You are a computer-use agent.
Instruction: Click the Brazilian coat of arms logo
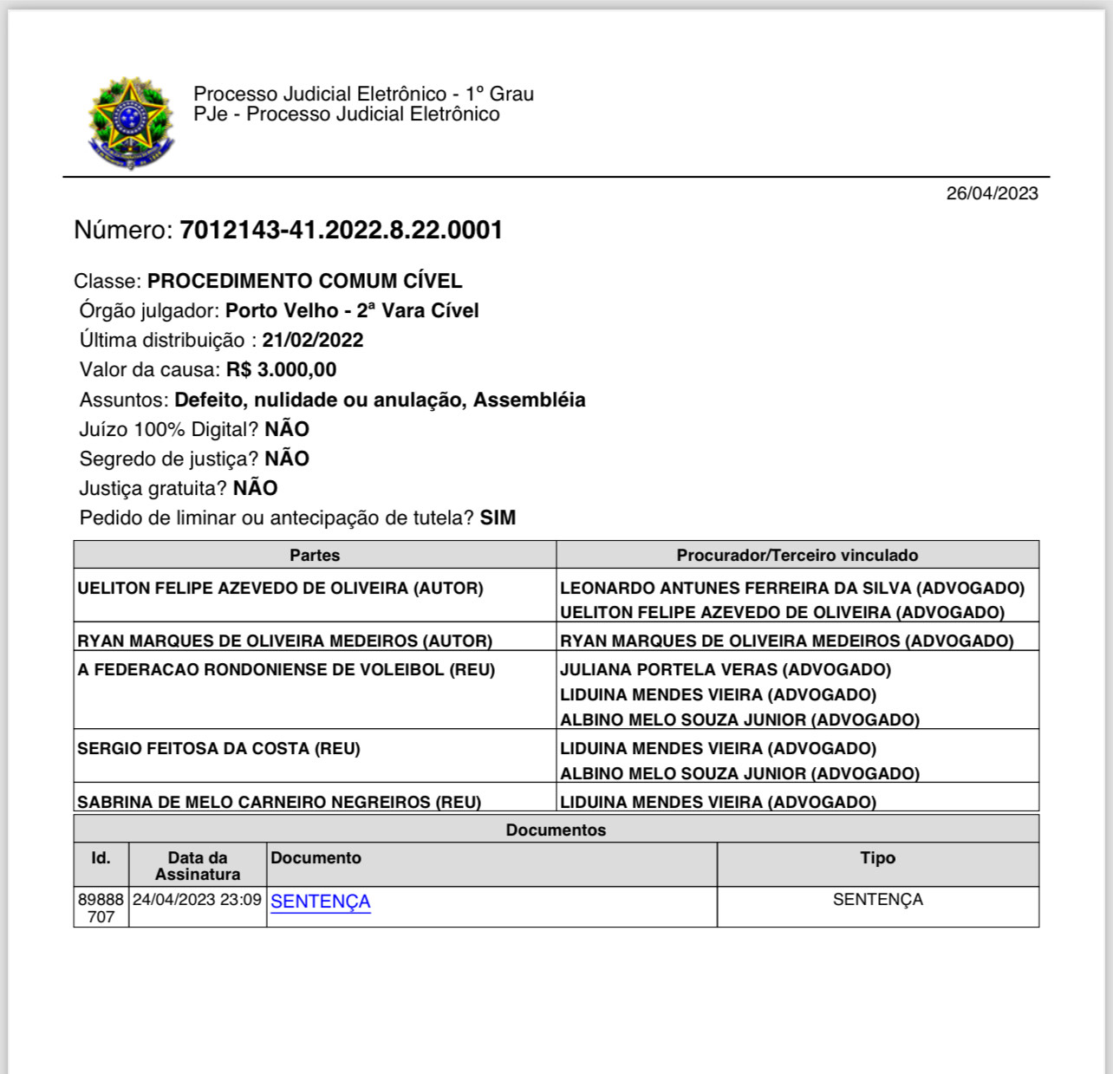[130, 122]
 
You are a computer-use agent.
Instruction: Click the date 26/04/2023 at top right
[992, 193]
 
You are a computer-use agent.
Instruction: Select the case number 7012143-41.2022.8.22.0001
[341, 231]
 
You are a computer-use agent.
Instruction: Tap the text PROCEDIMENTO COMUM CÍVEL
[304, 281]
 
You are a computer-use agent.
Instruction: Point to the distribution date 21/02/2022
[313, 340]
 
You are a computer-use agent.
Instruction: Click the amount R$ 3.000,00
[281, 369]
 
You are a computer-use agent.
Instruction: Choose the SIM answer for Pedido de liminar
[498, 517]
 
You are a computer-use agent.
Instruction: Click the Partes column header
[315, 555]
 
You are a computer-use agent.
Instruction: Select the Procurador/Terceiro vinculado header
[797, 555]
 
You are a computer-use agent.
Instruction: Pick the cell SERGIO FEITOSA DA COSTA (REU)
[218, 748]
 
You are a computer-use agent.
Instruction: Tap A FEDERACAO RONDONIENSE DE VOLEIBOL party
[286, 669]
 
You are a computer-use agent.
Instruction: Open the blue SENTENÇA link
[321, 902]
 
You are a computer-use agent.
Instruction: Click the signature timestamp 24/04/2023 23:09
[197, 900]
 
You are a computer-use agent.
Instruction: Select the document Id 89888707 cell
[101, 908]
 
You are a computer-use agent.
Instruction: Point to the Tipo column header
[877, 858]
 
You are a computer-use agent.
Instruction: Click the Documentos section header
[556, 830]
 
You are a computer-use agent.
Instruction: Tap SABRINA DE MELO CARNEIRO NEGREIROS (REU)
[279, 802]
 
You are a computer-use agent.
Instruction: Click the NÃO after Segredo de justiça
[287, 459]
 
